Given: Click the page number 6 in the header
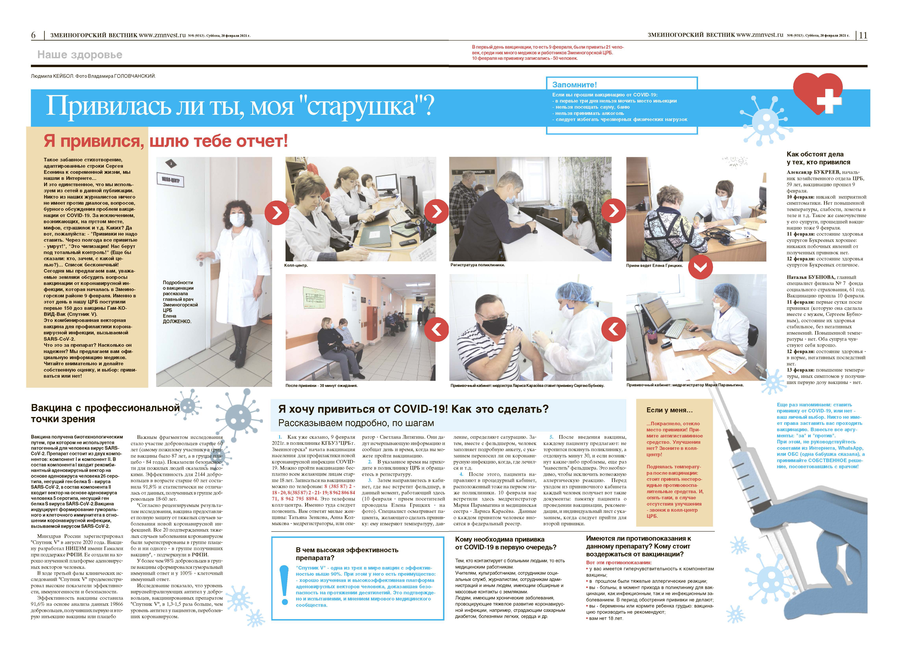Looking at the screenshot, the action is click(33, 35).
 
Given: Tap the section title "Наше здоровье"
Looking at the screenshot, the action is click(80, 55).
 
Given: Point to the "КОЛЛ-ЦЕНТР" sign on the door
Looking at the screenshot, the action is click(171, 179).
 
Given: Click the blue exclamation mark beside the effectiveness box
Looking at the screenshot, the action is click(284, 584).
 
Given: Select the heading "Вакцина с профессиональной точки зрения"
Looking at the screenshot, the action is click(105, 413).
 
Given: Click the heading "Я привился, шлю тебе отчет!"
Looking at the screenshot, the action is click(166, 141).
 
